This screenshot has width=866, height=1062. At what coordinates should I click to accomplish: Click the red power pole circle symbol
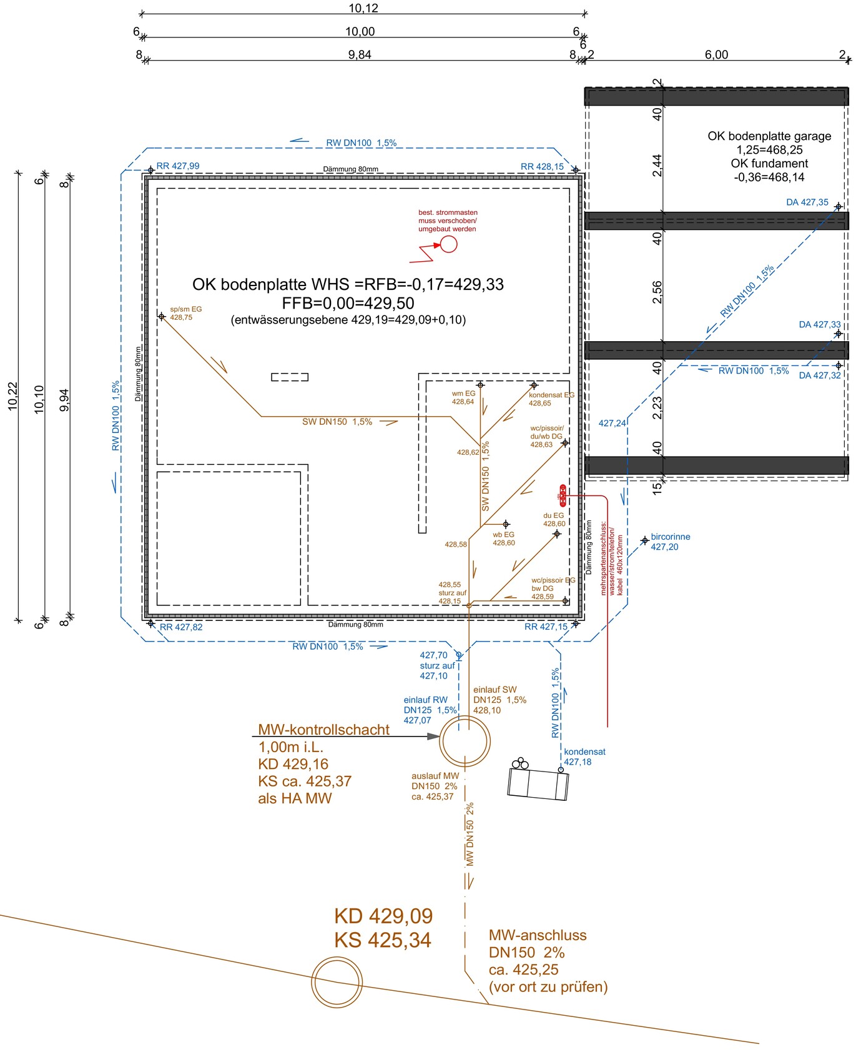(448, 244)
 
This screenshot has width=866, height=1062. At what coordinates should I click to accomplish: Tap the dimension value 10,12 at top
(363, 9)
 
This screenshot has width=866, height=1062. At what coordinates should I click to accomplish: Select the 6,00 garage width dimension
(716, 55)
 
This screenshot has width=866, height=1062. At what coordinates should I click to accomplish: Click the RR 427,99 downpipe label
(178, 166)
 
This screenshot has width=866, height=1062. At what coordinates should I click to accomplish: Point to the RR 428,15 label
(542, 167)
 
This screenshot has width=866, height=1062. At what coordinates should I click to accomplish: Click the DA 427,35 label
(807, 202)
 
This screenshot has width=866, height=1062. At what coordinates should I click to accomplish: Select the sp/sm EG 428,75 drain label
(185, 314)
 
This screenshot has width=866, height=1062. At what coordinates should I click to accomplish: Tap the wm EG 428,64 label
(463, 398)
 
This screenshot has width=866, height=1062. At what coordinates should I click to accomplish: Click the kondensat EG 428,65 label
(551, 399)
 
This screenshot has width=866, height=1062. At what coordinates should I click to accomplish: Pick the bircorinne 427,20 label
(670, 542)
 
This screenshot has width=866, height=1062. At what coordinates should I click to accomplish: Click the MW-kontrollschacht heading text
(323, 730)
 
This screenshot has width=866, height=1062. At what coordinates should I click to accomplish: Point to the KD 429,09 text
(383, 916)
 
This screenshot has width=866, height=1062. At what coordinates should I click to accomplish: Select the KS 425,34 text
(382, 940)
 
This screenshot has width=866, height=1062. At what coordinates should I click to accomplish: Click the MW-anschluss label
(538, 936)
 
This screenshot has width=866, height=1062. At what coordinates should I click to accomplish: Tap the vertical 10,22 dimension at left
(13, 397)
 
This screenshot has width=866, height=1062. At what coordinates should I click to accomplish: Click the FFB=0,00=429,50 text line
(348, 304)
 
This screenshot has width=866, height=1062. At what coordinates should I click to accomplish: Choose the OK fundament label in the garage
(769, 164)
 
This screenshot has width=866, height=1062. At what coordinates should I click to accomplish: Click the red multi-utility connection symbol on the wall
(562, 495)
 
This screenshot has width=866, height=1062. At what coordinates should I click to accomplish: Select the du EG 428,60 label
(554, 520)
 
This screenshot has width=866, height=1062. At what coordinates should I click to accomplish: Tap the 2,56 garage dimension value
(657, 292)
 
